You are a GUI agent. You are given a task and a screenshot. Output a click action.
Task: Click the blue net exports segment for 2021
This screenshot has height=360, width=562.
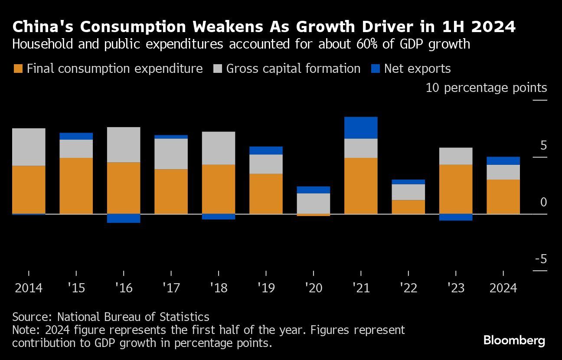coord(361,128)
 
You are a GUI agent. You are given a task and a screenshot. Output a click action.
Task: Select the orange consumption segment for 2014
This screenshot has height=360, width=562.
coord(29,190)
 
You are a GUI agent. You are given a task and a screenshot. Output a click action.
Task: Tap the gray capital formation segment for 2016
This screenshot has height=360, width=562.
coord(124,144)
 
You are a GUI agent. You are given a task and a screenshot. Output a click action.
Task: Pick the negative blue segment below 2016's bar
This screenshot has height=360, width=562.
coord(124,218)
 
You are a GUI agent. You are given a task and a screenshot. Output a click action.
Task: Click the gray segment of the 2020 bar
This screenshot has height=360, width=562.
coord(314,203)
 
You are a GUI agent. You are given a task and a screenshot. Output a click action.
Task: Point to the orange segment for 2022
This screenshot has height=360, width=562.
coord(408,207)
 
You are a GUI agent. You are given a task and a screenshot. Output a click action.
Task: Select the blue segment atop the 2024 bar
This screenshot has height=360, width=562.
coord(503,160)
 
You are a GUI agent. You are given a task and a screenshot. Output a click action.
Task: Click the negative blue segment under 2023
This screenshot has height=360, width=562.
coord(456,217)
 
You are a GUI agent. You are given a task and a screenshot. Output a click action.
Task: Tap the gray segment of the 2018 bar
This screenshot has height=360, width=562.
coord(219,148)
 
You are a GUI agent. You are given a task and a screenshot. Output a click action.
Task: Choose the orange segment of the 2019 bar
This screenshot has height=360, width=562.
coord(266,193)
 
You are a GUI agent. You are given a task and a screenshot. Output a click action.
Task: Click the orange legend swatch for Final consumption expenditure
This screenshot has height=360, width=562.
coord(18,69)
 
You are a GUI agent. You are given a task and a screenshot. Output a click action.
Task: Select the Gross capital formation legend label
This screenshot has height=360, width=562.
coord(293,69)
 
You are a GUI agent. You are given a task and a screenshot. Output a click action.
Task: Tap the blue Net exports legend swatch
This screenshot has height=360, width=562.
coord(376,69)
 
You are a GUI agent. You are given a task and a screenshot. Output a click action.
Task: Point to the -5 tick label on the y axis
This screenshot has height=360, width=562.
coord(541,259)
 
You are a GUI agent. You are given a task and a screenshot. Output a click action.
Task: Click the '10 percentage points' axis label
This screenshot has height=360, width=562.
coord(486,88)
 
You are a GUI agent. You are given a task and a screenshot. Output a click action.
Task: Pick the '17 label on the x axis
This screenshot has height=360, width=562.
coord(171,288)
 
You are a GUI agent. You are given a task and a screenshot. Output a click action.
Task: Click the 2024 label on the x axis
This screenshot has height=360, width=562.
coord(503,288)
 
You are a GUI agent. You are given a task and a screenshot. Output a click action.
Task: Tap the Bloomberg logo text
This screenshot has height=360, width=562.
coord(514,340)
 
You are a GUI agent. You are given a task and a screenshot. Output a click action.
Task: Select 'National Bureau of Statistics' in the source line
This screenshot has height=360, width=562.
coord(133,317)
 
